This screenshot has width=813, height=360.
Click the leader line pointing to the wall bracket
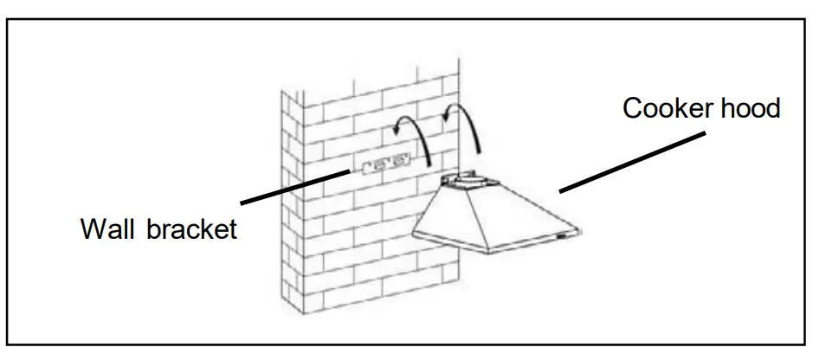point(294,185)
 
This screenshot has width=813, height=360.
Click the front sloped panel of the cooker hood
point(511,217)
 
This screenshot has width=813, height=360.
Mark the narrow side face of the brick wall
point(294,208)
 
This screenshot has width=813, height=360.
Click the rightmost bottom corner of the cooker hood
point(581,228)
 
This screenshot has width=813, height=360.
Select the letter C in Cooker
point(632,109)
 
